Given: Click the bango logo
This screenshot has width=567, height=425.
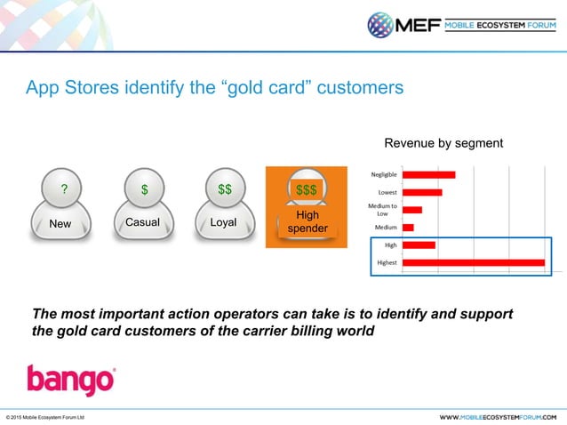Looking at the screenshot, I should [x=70, y=380].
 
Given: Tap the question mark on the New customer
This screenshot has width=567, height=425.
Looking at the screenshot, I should [x=63, y=189].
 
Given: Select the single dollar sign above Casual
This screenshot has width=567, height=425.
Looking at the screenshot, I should [x=144, y=189].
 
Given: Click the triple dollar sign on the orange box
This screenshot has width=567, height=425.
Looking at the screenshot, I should [x=307, y=189].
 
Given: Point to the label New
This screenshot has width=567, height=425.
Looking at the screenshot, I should [x=60, y=223].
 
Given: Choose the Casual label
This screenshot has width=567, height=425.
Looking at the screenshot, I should [x=142, y=222].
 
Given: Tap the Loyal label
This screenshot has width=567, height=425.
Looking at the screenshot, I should [x=223, y=222].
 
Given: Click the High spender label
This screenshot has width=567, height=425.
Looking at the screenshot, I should [x=307, y=222].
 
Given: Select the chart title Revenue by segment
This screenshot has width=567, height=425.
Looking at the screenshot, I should [x=443, y=143].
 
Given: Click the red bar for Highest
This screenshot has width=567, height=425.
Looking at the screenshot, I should [x=473, y=262].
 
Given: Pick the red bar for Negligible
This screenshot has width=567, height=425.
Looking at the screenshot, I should [x=429, y=175].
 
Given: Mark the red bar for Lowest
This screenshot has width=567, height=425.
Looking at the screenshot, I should [x=422, y=192].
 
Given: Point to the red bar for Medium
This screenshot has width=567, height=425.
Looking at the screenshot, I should [x=408, y=228].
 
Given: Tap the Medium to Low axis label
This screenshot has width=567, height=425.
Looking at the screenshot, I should [x=382, y=210].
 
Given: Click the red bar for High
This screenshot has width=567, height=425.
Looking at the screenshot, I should [x=419, y=245].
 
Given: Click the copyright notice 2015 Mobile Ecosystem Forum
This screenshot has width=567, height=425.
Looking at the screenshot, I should [x=44, y=416].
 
